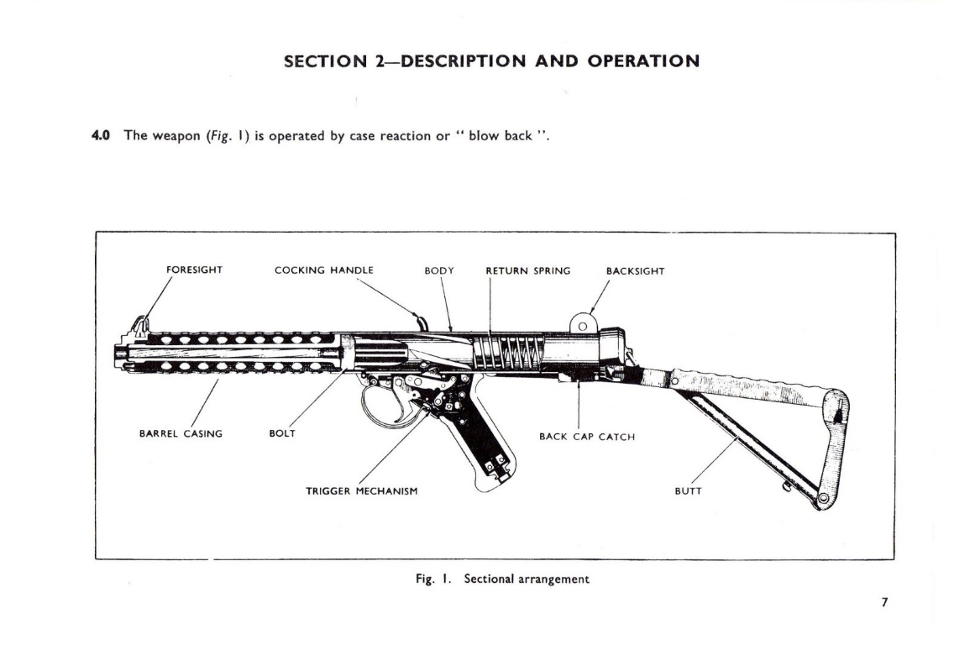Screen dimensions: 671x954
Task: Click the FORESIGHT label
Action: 194,270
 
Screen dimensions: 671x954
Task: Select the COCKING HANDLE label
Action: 323,270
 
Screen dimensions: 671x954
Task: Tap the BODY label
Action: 438,270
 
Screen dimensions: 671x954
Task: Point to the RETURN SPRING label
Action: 527,270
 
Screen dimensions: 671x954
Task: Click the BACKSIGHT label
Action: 635,271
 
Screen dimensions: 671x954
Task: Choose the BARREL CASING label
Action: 181,433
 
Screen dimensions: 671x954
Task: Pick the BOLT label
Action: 281,433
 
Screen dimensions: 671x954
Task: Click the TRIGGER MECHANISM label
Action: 361,490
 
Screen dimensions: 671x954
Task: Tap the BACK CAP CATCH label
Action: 586,437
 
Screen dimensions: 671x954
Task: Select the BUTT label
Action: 688,490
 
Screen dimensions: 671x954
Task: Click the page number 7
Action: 884,602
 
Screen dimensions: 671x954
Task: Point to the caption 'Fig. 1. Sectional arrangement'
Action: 502,579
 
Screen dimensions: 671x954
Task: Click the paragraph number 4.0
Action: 102,135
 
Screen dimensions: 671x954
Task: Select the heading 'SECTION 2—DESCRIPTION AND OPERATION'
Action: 491,61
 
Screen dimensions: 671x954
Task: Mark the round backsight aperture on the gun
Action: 582,326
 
